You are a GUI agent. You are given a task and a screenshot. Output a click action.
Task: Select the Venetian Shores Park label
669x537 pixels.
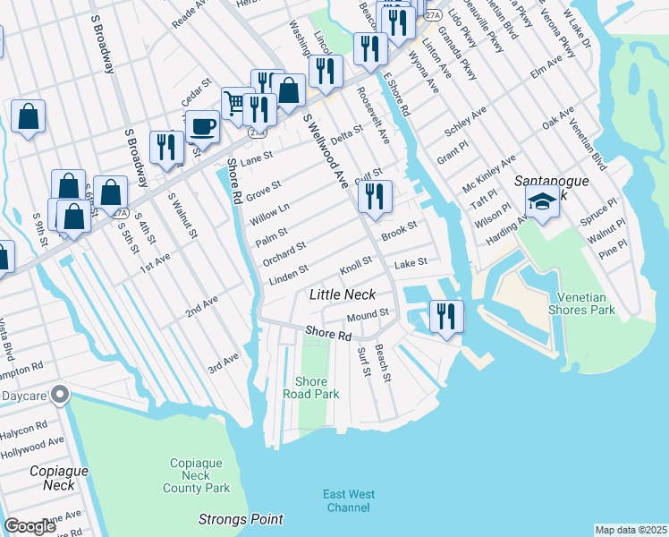click(x=587, y=303)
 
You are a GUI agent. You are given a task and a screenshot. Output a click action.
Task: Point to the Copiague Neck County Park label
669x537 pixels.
click(x=196, y=475)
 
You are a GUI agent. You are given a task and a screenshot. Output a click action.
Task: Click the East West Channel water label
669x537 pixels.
click(x=349, y=501)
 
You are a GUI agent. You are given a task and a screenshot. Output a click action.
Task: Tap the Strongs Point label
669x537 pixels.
click(x=241, y=519)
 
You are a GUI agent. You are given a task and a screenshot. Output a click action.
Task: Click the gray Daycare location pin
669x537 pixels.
click(x=60, y=394)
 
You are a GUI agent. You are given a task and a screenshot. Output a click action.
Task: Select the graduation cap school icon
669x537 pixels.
click(x=542, y=201)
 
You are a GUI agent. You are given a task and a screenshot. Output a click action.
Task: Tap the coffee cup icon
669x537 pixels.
click(x=203, y=126)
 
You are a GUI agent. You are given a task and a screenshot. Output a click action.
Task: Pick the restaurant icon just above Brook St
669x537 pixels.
click(x=375, y=196)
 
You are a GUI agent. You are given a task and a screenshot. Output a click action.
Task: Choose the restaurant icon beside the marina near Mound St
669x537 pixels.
click(x=445, y=314)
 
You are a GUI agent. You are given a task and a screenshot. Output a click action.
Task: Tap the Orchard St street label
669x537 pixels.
click(x=284, y=251)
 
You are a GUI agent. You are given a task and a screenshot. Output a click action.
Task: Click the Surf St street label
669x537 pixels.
click(x=363, y=362)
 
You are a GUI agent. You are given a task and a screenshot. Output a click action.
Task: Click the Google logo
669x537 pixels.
click(x=30, y=526)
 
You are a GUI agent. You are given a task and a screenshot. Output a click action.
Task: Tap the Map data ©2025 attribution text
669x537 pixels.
click(x=630, y=530)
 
